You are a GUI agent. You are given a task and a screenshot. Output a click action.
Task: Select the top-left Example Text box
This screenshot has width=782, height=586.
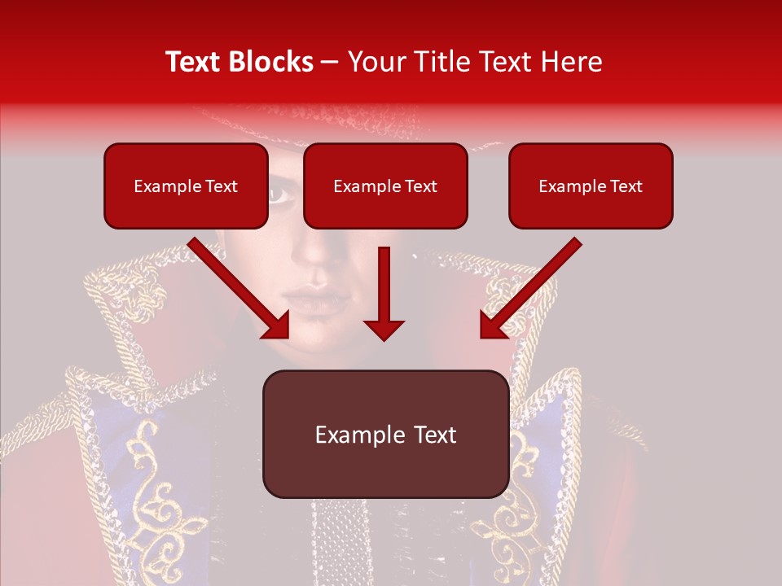point(186,186)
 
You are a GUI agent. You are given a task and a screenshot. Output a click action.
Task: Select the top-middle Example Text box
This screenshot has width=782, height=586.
point(385,186)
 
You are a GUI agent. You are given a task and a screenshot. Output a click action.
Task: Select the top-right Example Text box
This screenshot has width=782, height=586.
point(591,186)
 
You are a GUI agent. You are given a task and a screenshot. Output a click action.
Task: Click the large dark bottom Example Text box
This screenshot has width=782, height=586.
point(385,434)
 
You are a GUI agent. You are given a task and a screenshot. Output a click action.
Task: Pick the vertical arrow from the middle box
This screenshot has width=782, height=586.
point(384,289)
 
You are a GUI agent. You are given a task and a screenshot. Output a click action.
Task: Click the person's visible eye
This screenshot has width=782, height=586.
point(278,194)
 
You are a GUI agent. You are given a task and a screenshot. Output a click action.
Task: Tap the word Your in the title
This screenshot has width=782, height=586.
point(372,62)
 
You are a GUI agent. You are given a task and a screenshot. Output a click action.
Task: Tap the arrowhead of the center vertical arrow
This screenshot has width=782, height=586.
point(384,329)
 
